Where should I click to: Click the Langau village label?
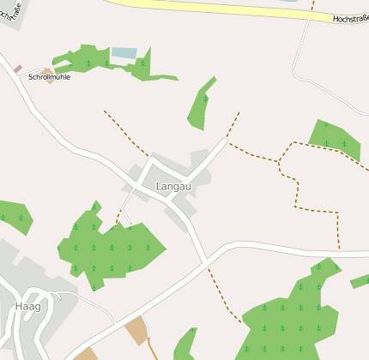click(x=174, y=186)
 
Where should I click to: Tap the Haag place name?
click(x=27, y=306)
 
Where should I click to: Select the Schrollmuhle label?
click(x=49, y=77)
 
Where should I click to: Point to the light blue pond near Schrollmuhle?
click(x=124, y=53)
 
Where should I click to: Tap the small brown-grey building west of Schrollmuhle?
click(x=17, y=69)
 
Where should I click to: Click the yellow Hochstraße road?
click(x=215, y=8)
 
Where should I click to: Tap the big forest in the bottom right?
click(x=292, y=317)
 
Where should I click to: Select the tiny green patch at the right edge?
click(x=360, y=280)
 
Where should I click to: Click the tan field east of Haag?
click(x=136, y=330)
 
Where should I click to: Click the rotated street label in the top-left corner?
click(x=10, y=12)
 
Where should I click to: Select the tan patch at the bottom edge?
click(x=85, y=354)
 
